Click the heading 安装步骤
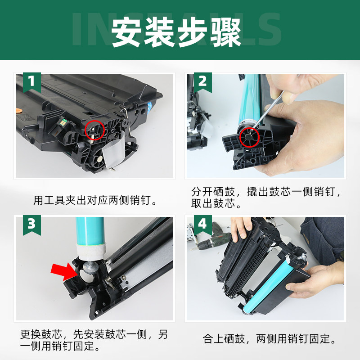(x=176, y=32)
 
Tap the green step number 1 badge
(x=31, y=82)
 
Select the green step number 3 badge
(x=31, y=224)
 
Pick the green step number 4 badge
(x=202, y=224)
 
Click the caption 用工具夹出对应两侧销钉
(x=96, y=200)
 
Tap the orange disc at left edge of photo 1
(x=18, y=109)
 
